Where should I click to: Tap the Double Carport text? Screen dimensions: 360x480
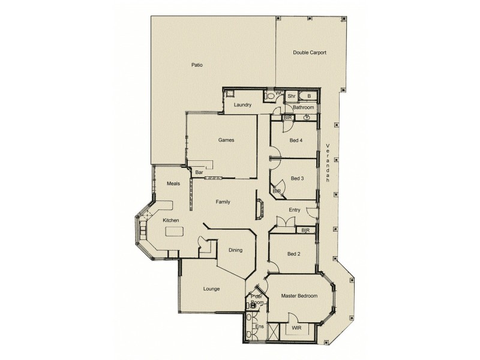pyautogui.click(x=310, y=52)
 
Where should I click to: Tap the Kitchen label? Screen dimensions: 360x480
pyautogui.click(x=171, y=220)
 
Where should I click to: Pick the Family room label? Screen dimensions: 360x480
pyautogui.click(x=223, y=202)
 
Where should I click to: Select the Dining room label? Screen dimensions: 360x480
pyautogui.click(x=235, y=250)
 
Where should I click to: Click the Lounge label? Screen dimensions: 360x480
pyautogui.click(x=211, y=289)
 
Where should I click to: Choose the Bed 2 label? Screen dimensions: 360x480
pyautogui.click(x=294, y=254)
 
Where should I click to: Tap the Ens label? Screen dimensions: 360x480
pyautogui.click(x=259, y=326)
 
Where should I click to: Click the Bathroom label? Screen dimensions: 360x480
pyautogui.click(x=304, y=107)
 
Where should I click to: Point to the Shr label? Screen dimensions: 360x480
pyautogui.click(x=291, y=95)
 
